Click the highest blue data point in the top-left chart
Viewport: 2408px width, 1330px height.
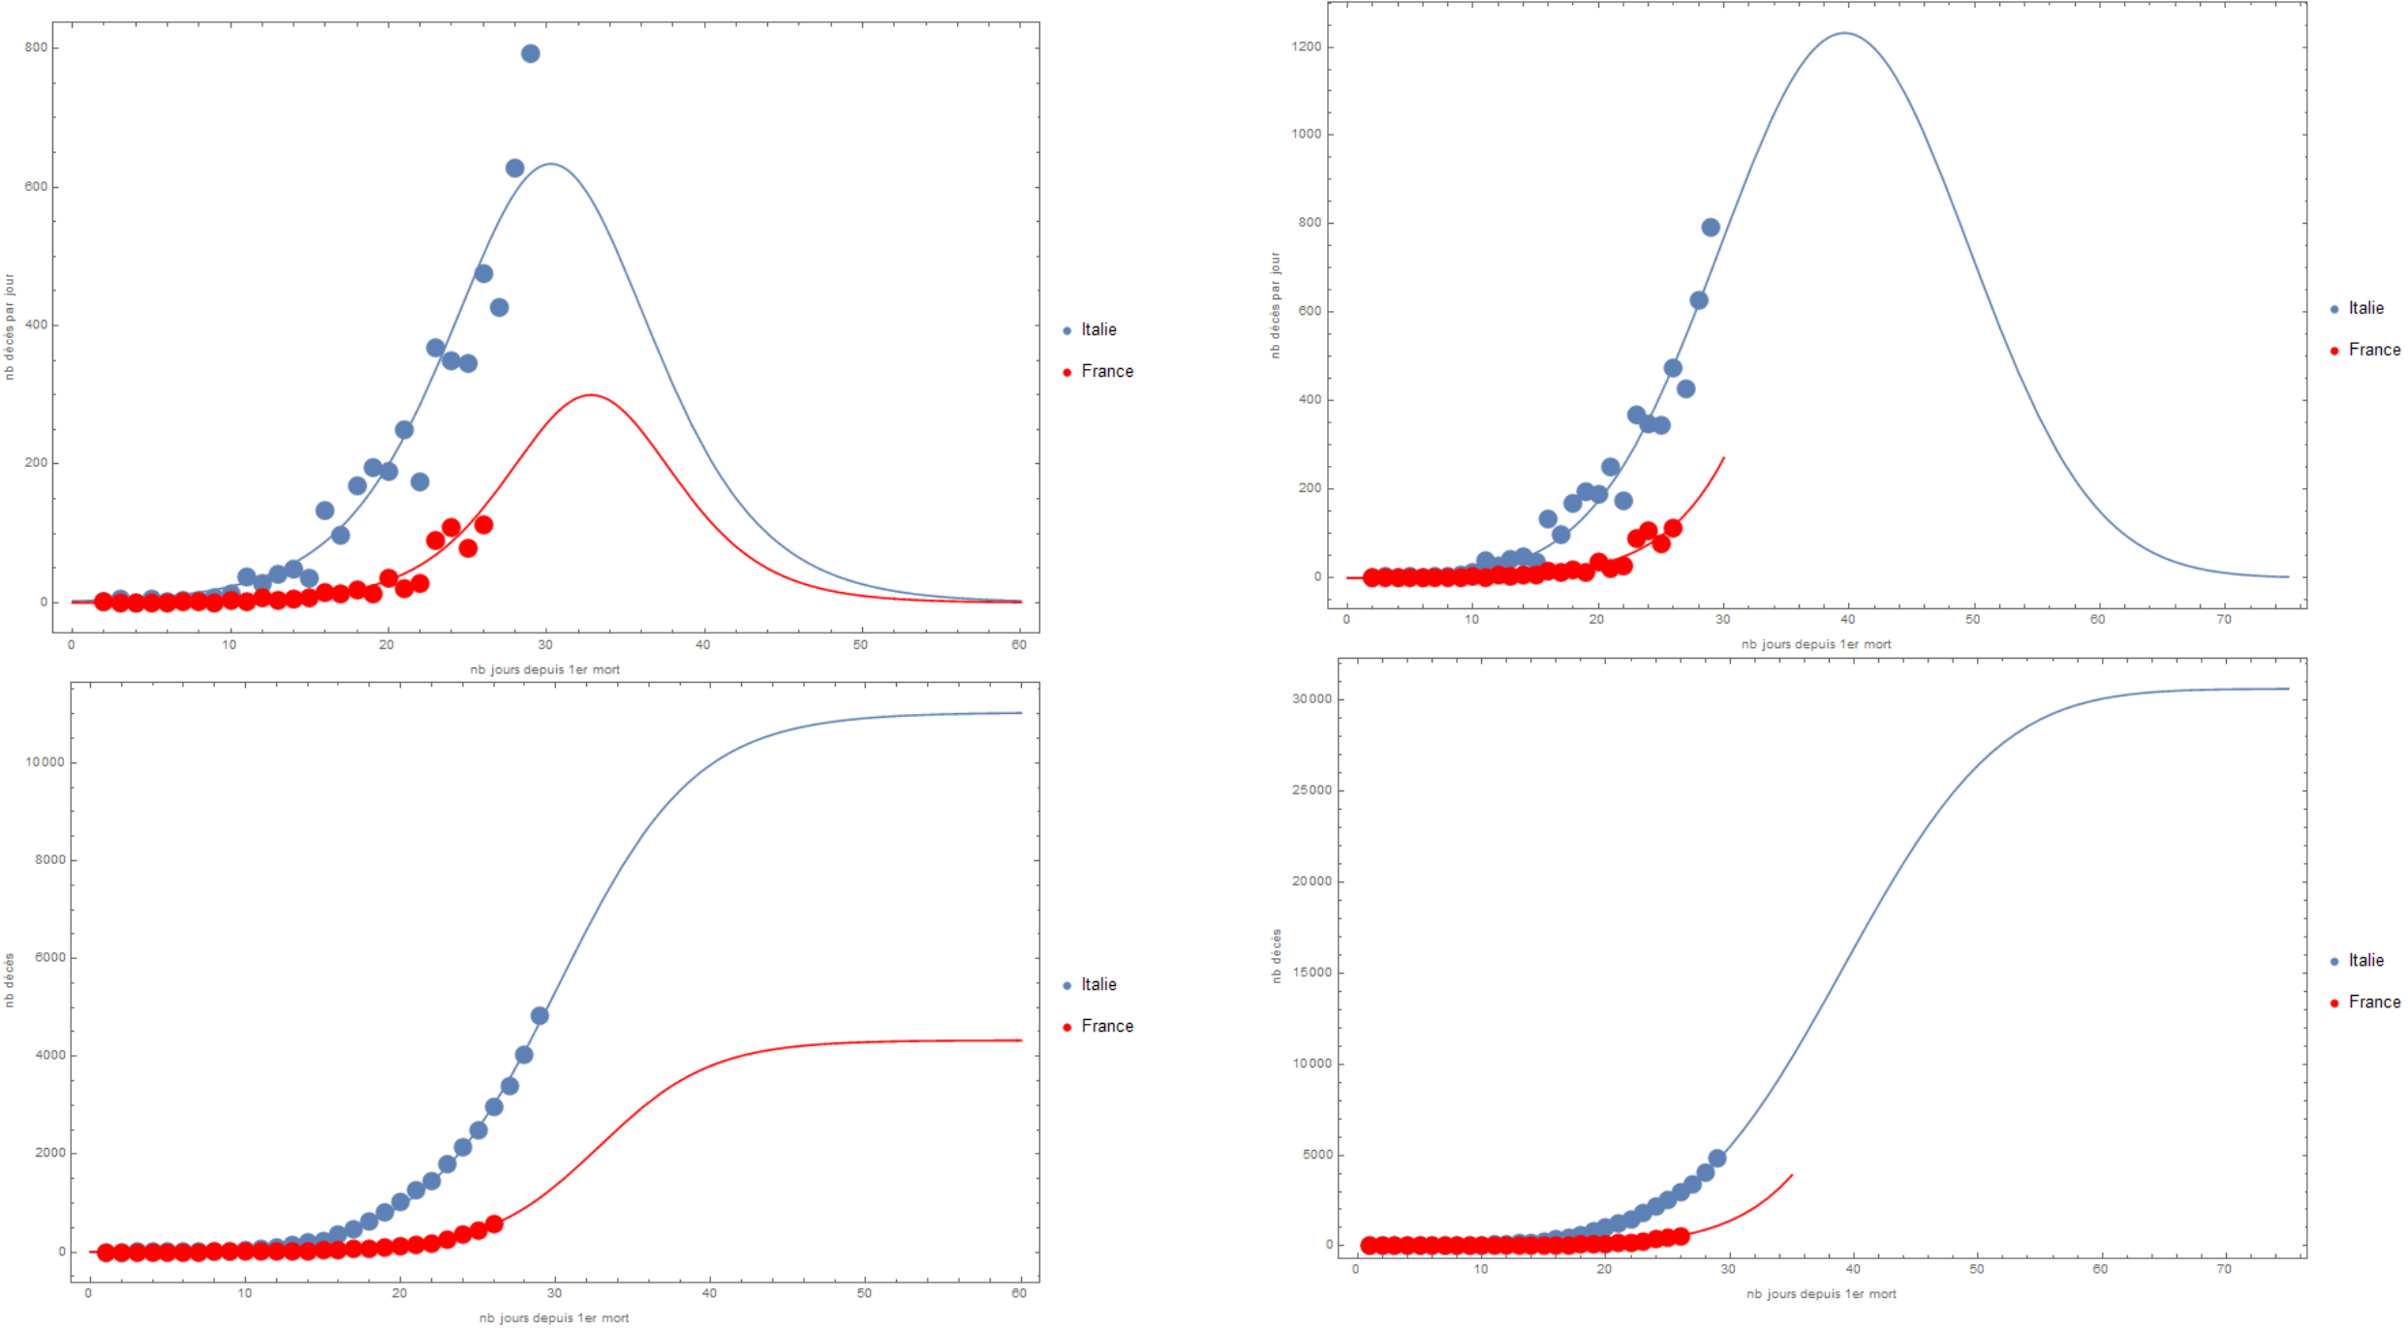[x=530, y=53]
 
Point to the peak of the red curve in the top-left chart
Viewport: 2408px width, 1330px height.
[x=591, y=395]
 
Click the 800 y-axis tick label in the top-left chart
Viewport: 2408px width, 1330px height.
[x=36, y=47]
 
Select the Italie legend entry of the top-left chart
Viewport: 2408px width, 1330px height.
[x=1098, y=330]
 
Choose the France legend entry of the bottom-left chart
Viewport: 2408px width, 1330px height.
[x=1106, y=1026]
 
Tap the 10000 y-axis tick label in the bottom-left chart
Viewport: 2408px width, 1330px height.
[x=45, y=762]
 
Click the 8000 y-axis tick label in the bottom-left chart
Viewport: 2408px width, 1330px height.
[x=49, y=860]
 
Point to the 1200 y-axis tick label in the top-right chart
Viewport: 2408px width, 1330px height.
[x=1306, y=46]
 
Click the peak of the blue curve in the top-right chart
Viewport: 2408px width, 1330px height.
[x=1844, y=33]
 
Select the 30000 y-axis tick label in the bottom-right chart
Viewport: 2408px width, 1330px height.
[x=1312, y=699]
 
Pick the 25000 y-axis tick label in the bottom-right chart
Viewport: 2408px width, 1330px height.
[x=1312, y=790]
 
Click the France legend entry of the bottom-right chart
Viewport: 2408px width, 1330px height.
[x=2374, y=1003]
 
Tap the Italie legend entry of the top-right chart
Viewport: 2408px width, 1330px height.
[x=2365, y=308]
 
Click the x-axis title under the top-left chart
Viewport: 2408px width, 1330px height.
[x=544, y=669]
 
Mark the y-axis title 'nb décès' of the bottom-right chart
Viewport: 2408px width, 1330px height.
[x=1277, y=956]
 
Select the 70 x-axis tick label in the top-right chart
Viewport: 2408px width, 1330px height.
[x=2224, y=619]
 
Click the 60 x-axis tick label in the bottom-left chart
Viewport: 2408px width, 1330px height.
[x=1019, y=1293]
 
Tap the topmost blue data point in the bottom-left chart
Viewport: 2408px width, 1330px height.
[x=540, y=1015]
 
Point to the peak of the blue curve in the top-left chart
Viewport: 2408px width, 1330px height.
[x=550, y=164]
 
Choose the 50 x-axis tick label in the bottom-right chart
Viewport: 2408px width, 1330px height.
[x=1977, y=1269]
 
